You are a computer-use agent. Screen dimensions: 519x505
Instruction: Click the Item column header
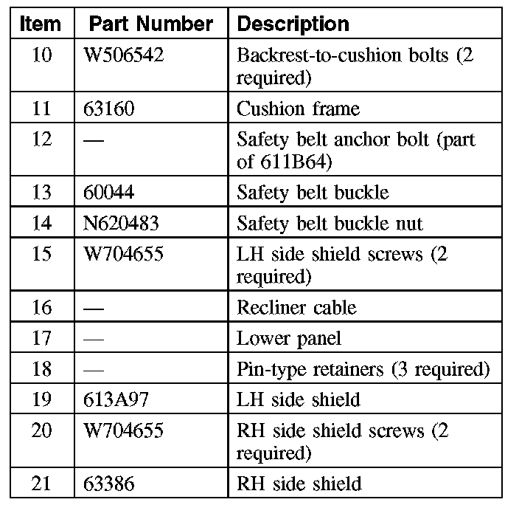tap(41, 24)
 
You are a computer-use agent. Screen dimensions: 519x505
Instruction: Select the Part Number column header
tap(151, 24)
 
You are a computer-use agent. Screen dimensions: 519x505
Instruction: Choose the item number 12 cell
tap(43, 140)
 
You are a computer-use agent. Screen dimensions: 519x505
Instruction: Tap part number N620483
tap(122, 223)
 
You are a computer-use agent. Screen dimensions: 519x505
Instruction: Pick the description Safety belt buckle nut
tap(330, 223)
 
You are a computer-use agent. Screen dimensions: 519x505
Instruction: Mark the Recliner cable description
tap(296, 307)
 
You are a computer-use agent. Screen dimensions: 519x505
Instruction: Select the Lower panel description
tap(289, 339)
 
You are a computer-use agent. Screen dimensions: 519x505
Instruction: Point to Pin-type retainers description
tap(363, 369)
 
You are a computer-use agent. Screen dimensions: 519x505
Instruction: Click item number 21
tap(43, 484)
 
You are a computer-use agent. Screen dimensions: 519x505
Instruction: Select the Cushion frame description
tap(298, 109)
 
